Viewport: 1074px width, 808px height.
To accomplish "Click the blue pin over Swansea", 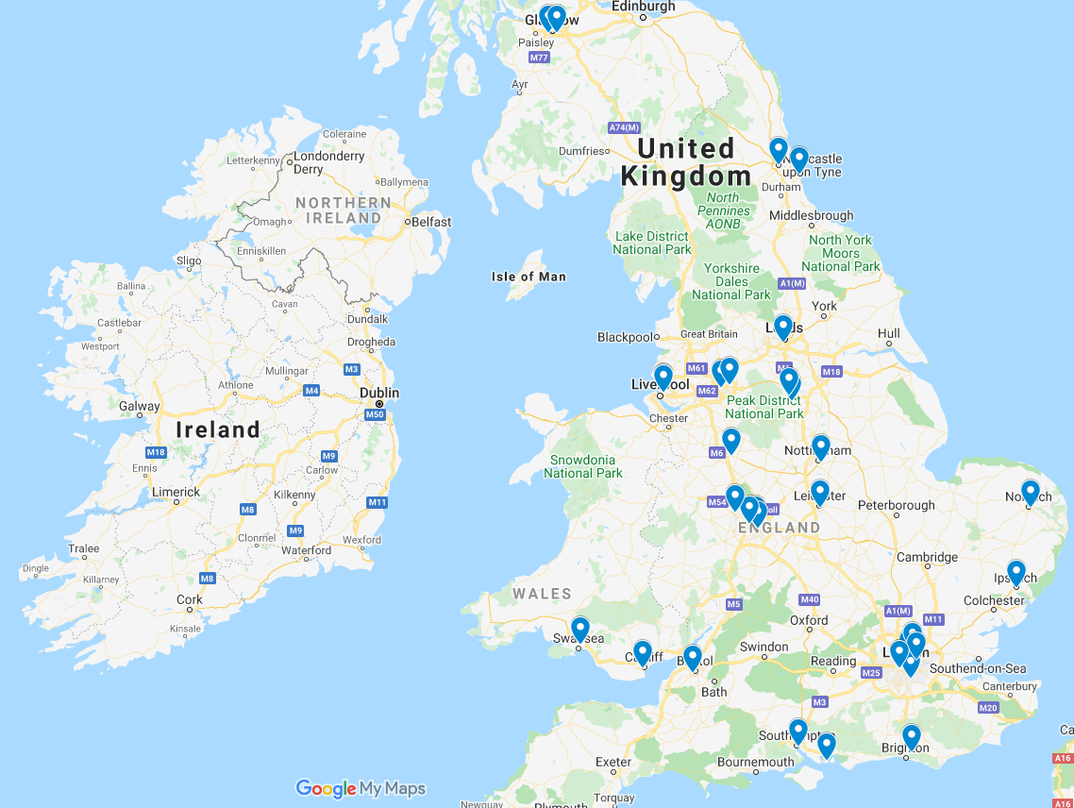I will [x=580, y=629].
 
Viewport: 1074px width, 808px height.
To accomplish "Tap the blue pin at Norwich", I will [x=1030, y=491].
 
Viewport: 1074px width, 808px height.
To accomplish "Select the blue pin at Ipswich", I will [x=1015, y=571].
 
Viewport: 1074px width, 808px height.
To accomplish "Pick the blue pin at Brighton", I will [x=911, y=735].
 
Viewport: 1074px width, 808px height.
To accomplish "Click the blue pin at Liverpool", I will [x=663, y=377].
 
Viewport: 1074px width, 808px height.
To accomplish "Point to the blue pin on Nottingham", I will [x=820, y=446].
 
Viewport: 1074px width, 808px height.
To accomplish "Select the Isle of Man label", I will [x=529, y=277].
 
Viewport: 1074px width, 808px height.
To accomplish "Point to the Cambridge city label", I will [x=927, y=557].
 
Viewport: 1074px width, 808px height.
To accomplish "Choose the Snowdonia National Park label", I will [x=582, y=466].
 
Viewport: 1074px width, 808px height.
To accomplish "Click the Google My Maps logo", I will [x=361, y=788].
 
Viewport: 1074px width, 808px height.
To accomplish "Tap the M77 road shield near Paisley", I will [x=539, y=58].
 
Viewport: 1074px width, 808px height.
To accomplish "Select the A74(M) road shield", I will [x=624, y=127].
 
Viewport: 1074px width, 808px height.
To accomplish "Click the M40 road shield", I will [x=809, y=599].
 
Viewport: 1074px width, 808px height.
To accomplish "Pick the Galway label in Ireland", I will [x=139, y=407].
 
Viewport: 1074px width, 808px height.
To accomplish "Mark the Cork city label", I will [x=190, y=599].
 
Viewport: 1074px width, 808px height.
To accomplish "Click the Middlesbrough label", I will [x=812, y=215].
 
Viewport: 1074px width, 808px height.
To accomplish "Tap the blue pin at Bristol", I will [x=692, y=657].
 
